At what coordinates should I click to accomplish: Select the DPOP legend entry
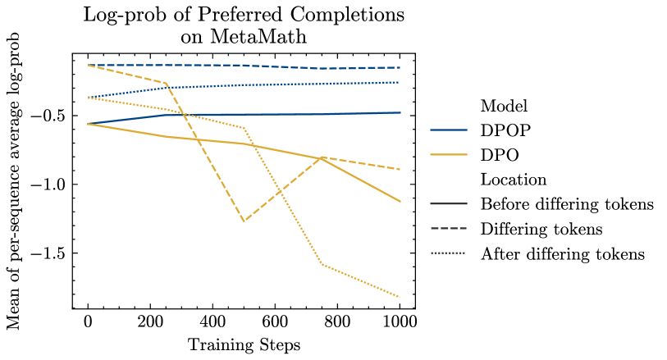506,130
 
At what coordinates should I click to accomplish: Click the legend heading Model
503,106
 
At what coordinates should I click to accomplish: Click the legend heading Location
514,180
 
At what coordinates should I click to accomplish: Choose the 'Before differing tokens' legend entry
567,204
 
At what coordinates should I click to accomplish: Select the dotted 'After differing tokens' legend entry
563,253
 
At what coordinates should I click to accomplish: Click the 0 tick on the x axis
88,322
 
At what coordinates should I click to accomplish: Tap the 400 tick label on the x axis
212,322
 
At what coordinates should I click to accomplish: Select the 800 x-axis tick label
337,322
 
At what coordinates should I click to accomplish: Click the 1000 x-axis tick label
400,322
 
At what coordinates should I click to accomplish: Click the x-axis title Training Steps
244,344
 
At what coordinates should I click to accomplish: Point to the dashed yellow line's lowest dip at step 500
244,221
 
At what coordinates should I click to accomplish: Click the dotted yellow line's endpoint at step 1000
400,297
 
